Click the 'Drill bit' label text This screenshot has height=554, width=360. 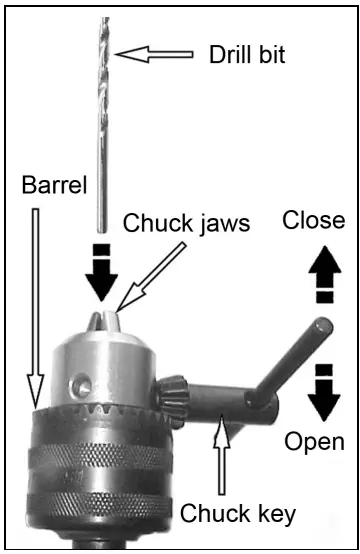pos(246,54)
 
